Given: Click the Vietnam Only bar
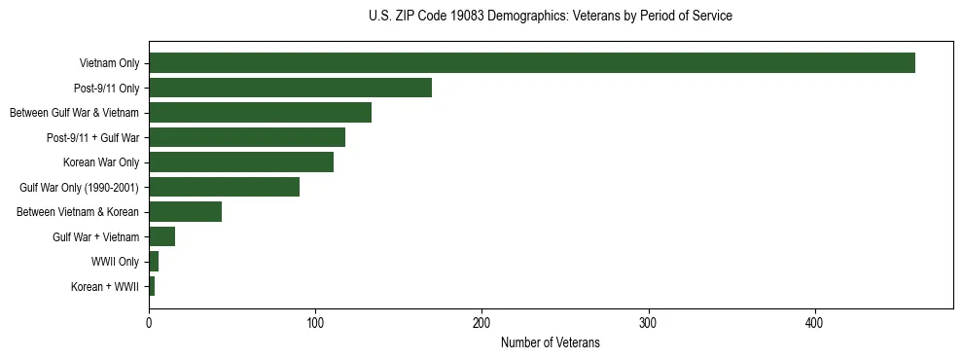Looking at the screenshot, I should click(531, 63).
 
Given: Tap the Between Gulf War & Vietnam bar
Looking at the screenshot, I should click(260, 113).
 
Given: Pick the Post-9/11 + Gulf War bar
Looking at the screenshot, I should click(247, 137).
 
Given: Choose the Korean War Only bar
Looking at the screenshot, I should click(241, 162).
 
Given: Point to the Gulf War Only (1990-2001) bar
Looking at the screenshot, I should click(224, 187).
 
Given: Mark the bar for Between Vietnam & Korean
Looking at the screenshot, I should click(185, 212).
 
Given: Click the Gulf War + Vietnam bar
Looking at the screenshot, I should click(161, 236).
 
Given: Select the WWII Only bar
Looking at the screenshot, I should click(154, 261).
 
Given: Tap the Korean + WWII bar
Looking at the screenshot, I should click(152, 286).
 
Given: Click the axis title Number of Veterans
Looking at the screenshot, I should click(550, 343).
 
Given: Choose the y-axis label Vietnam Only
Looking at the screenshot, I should click(109, 64).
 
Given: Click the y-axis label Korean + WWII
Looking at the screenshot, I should click(105, 287).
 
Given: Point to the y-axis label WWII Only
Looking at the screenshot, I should click(115, 262).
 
